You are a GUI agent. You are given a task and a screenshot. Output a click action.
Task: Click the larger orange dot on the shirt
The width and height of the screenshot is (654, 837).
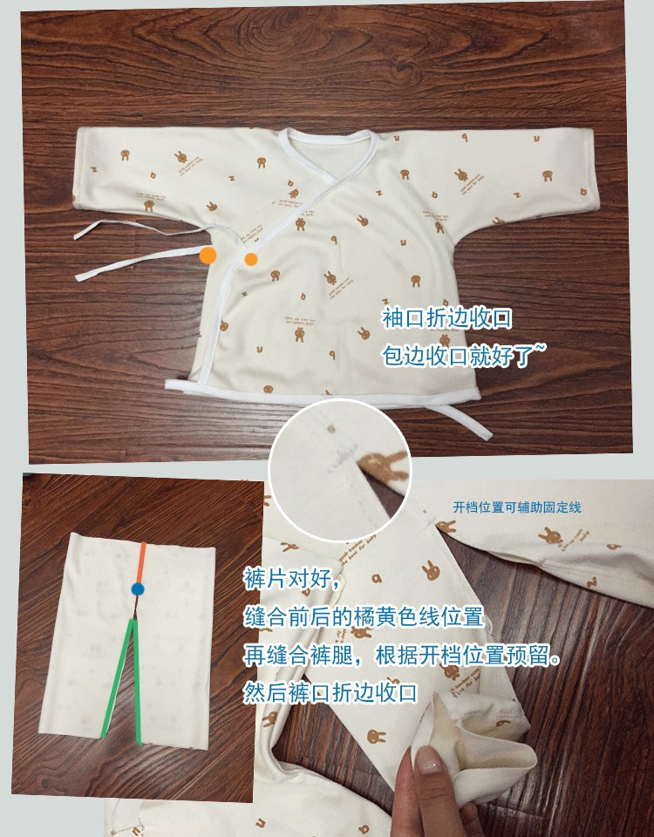(x=208, y=255)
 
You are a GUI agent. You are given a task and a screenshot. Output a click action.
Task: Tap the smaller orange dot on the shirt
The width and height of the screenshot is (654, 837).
(x=251, y=259)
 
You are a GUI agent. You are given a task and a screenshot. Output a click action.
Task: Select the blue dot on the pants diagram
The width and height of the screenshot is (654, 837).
(x=138, y=589)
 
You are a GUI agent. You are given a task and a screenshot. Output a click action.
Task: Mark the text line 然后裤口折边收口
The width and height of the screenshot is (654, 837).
(x=331, y=694)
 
